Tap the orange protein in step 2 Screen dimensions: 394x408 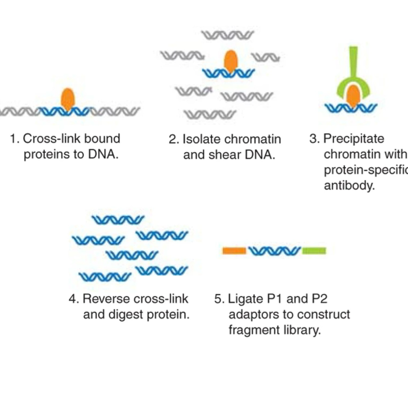click(231, 61)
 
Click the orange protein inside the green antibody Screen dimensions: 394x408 click(354, 95)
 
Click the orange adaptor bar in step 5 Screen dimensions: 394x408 click(234, 251)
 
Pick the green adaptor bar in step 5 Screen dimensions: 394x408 click(314, 251)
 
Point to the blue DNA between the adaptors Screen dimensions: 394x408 click(274, 251)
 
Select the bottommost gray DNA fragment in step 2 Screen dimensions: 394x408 click(210, 115)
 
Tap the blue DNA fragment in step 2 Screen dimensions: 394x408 click(228, 73)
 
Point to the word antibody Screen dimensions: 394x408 click(349, 186)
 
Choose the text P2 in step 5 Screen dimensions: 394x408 click(319, 299)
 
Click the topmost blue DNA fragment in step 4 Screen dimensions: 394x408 click(118, 220)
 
